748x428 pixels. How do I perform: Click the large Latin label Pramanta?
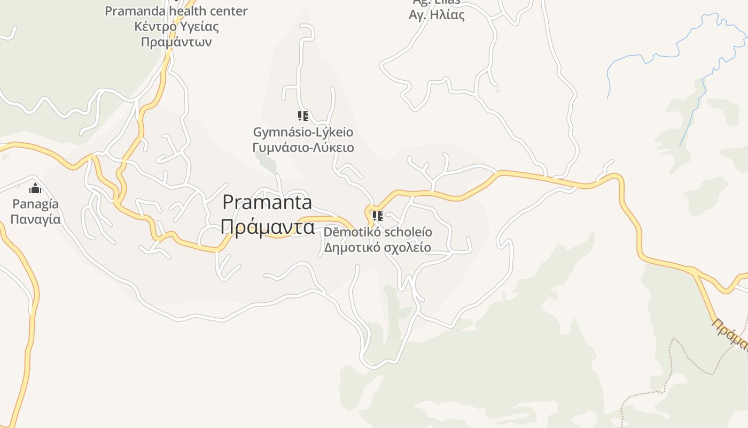(267, 202)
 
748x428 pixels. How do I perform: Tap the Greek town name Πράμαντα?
(267, 227)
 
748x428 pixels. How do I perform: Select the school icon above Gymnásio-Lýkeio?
(303, 116)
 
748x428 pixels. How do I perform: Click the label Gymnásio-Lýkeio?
(303, 132)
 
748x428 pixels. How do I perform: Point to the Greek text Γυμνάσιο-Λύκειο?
(303, 147)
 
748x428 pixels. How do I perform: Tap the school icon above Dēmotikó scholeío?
(378, 216)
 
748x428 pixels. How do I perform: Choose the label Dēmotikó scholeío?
(378, 232)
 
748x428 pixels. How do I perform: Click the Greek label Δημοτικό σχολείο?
(378, 248)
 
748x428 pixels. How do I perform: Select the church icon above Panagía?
(35, 188)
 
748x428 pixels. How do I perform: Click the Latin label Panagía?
(35, 204)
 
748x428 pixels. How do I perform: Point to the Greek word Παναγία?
(35, 219)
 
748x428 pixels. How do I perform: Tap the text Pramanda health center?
(176, 11)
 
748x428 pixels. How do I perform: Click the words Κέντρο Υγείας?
(176, 26)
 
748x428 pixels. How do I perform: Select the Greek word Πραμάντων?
(176, 42)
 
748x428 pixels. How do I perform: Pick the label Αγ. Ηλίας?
(437, 15)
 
